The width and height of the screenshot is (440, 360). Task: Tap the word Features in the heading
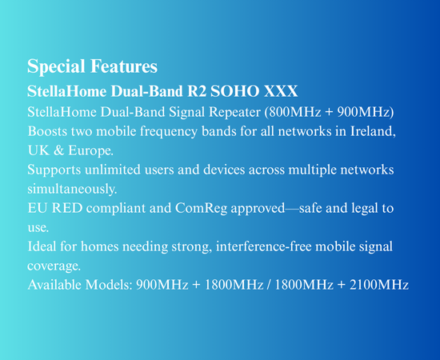coord(124,66)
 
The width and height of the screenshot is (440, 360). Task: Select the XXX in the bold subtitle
coord(281,91)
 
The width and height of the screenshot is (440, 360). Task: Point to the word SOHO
coord(235,91)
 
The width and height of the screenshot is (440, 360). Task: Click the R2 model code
coord(197,91)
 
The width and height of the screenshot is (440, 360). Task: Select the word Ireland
coord(373,131)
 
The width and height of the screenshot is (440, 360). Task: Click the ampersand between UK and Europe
coord(58,150)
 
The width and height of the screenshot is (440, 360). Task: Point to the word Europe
coord(90,151)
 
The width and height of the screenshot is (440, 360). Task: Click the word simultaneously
coord(72,189)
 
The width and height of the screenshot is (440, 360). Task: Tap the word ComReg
coord(201,209)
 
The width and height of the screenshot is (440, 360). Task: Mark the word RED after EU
coord(67,208)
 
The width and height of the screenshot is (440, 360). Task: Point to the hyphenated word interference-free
coord(264,246)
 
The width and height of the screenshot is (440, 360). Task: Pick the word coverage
coord(54,266)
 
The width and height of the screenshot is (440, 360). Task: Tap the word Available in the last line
coord(54,285)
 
